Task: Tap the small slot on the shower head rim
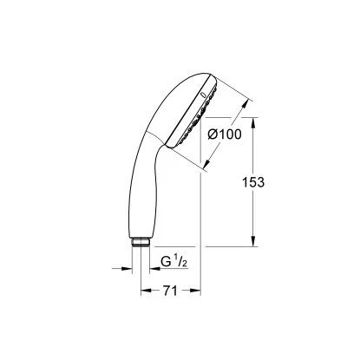(x=203, y=93)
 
